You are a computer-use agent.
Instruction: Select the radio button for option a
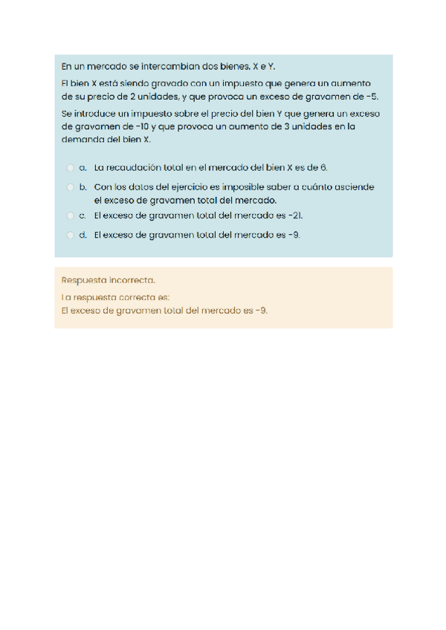pos(69,168)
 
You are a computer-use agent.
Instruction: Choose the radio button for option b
pos(69,187)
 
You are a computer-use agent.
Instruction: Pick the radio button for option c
pos(69,215)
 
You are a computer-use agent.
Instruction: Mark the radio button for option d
pos(69,235)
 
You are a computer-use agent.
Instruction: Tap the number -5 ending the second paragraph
pos(373,97)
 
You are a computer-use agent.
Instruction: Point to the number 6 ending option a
pos(323,168)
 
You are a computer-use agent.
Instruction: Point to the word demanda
pos(81,139)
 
